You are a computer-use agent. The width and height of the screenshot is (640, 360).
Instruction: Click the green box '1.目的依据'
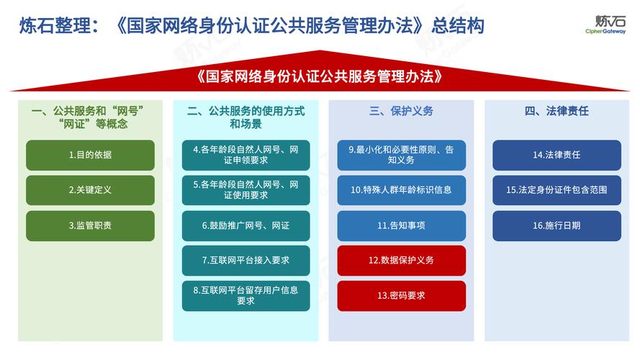coord(90,155)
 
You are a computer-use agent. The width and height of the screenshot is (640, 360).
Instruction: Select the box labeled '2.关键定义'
coord(90,190)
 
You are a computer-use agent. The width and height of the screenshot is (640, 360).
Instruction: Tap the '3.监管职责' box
coord(90,225)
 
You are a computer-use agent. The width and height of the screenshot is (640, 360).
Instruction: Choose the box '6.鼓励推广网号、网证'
coord(245,225)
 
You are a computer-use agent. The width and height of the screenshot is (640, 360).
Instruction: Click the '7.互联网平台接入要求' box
coord(245,260)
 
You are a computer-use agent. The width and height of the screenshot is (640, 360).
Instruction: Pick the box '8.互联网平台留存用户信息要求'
coord(245,295)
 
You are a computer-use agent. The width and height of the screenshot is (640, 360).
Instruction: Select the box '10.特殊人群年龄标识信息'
coord(401,190)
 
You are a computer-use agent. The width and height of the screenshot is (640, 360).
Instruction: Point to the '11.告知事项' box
coord(401,225)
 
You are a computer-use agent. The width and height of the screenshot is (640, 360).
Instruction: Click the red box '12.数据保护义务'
coord(401,260)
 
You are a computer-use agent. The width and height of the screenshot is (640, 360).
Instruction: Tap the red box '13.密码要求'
coord(401,295)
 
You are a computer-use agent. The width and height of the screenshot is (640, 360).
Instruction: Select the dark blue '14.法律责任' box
coord(556,155)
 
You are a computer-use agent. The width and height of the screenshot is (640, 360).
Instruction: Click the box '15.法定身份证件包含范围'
coord(556,190)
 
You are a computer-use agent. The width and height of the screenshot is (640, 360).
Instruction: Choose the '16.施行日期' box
coord(556,225)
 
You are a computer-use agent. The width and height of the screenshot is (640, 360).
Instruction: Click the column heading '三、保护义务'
coord(401,111)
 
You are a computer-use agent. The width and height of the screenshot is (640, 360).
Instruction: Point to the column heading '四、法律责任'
coord(556,111)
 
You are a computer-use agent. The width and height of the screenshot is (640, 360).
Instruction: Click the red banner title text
coord(319,76)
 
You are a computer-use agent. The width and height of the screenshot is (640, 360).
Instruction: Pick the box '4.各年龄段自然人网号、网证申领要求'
coord(245,155)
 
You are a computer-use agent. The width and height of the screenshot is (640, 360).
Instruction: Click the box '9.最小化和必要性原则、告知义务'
coord(401,155)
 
